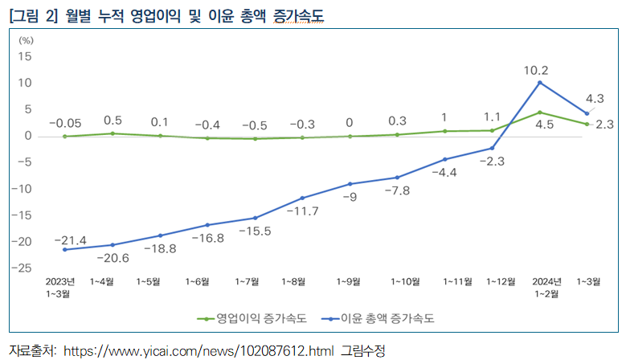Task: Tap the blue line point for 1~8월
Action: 302,198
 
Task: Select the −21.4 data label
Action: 70,240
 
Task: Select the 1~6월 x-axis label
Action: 197,281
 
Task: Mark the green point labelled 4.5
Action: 540,112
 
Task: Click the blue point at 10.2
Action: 540,83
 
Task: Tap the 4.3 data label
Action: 595,99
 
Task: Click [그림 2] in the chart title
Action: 33,15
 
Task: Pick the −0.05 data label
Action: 64,122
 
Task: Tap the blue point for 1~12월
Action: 492,148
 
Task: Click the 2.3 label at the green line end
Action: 605,125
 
